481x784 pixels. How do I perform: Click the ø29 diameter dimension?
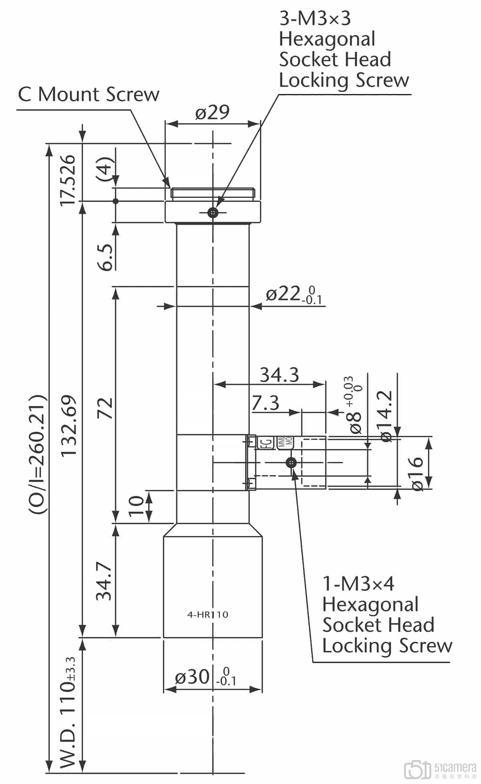(212, 113)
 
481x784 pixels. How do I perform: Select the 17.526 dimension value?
(67, 180)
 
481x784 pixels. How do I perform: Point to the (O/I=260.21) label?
(39, 455)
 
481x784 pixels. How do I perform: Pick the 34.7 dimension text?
(104, 581)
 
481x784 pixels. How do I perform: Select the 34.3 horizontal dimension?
(279, 375)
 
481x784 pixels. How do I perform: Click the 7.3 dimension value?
(265, 402)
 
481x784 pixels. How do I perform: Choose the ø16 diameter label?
(417, 473)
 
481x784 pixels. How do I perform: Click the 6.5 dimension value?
(106, 257)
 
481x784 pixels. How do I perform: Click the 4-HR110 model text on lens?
(208, 614)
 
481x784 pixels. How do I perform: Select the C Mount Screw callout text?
(89, 95)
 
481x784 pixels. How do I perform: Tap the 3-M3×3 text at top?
(315, 18)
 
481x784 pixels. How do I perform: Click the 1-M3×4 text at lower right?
(358, 584)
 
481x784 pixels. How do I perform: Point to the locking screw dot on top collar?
(213, 212)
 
